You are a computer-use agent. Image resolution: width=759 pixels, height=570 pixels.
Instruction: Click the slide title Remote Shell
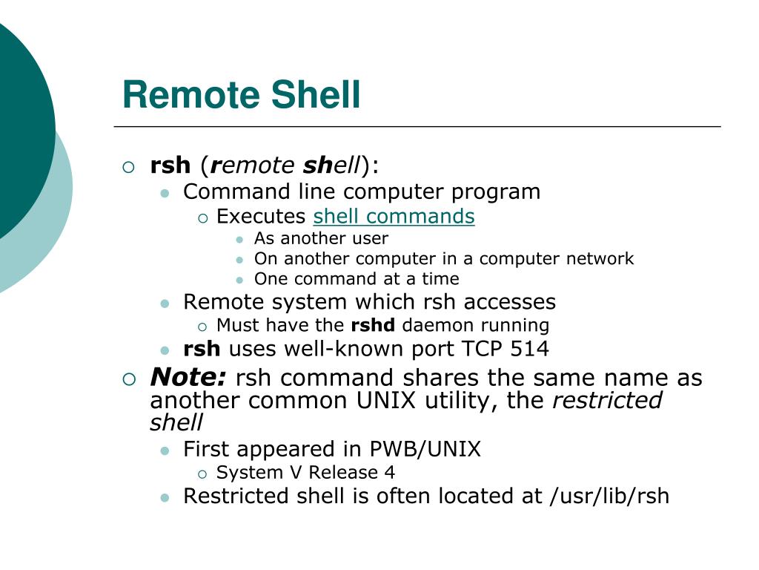click(x=241, y=95)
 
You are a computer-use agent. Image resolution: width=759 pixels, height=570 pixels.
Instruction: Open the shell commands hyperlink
click(x=394, y=216)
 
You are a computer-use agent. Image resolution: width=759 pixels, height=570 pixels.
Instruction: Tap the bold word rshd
click(x=373, y=325)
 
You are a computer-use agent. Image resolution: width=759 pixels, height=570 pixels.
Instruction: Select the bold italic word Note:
click(x=188, y=378)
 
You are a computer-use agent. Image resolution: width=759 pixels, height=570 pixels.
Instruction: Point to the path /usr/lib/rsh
click(x=609, y=496)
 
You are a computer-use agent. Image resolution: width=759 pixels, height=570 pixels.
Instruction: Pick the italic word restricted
click(x=607, y=400)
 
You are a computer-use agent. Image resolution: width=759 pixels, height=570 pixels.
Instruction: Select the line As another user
click(x=321, y=238)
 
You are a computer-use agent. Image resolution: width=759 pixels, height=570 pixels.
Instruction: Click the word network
click(x=598, y=258)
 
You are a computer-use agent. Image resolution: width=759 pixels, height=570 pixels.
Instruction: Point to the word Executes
click(x=261, y=216)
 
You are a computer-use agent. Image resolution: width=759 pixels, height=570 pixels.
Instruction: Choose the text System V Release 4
click(x=305, y=472)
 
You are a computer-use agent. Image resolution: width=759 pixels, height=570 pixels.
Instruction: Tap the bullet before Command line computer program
click(x=165, y=193)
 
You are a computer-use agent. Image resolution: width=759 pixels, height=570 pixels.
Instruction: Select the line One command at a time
click(x=357, y=278)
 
